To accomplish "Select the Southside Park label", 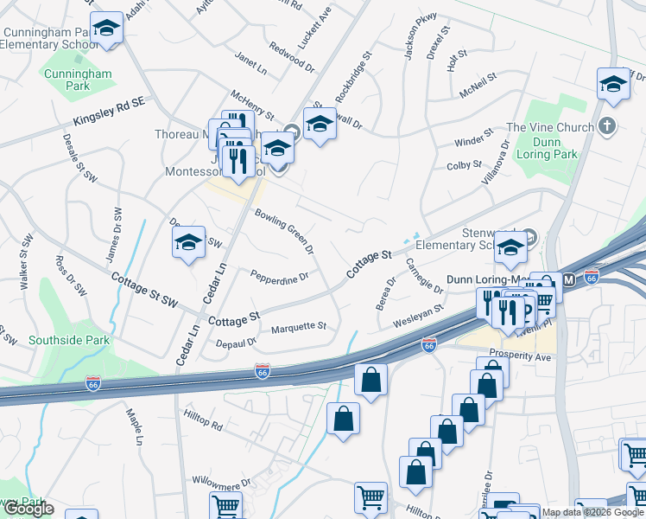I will pyautogui.click(x=69, y=340).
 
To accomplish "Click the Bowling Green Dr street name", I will pyautogui.click(x=283, y=230).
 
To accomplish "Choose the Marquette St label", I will pyautogui.click(x=299, y=327).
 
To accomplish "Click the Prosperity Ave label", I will pyautogui.click(x=519, y=354).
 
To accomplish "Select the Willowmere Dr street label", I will pyautogui.click(x=221, y=479).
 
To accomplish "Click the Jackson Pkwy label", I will pyautogui.click(x=421, y=36).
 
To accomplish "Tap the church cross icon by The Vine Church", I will pyautogui.click(x=607, y=127).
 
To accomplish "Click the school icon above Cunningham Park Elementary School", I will pyautogui.click(x=107, y=29).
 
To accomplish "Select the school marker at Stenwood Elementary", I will pyautogui.click(x=511, y=248).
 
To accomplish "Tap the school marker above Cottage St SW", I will pyautogui.click(x=188, y=244).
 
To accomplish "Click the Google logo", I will pyautogui.click(x=28, y=509).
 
